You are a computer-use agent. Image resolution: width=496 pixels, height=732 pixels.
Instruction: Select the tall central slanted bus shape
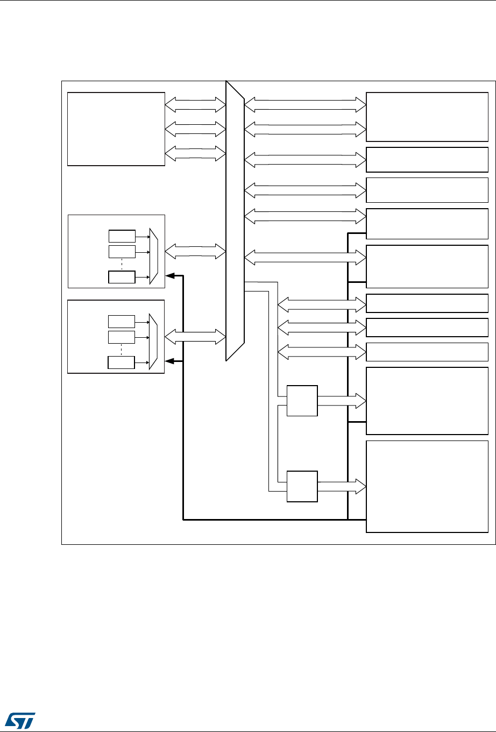235,221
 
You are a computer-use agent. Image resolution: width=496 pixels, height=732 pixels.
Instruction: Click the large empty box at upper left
116,129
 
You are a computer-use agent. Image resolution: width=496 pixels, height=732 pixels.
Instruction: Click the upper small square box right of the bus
302,400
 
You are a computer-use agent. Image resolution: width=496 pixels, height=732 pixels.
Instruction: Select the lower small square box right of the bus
302,486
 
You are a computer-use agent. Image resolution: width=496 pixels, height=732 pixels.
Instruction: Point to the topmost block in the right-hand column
427,117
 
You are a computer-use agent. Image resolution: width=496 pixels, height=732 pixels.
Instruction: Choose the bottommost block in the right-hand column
427,486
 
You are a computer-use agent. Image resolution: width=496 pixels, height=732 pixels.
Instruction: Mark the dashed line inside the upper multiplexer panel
122,265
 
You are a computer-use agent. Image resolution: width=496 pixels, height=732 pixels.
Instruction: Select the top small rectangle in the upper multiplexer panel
122,236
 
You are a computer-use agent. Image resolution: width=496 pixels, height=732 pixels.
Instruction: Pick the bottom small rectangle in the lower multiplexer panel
122,362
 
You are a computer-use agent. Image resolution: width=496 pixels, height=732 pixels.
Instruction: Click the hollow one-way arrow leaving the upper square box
342,401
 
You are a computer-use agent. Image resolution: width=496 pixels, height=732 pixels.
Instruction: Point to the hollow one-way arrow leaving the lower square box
342,486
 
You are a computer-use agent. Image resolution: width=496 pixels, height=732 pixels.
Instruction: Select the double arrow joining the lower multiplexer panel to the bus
195,337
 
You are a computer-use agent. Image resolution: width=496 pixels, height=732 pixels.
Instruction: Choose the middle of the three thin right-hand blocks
427,327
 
